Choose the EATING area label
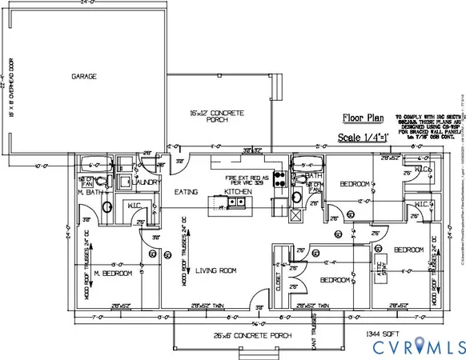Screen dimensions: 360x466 (x=187, y=193)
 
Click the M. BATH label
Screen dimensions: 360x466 (x=87, y=192)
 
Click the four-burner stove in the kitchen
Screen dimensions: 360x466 (x=279, y=178)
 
